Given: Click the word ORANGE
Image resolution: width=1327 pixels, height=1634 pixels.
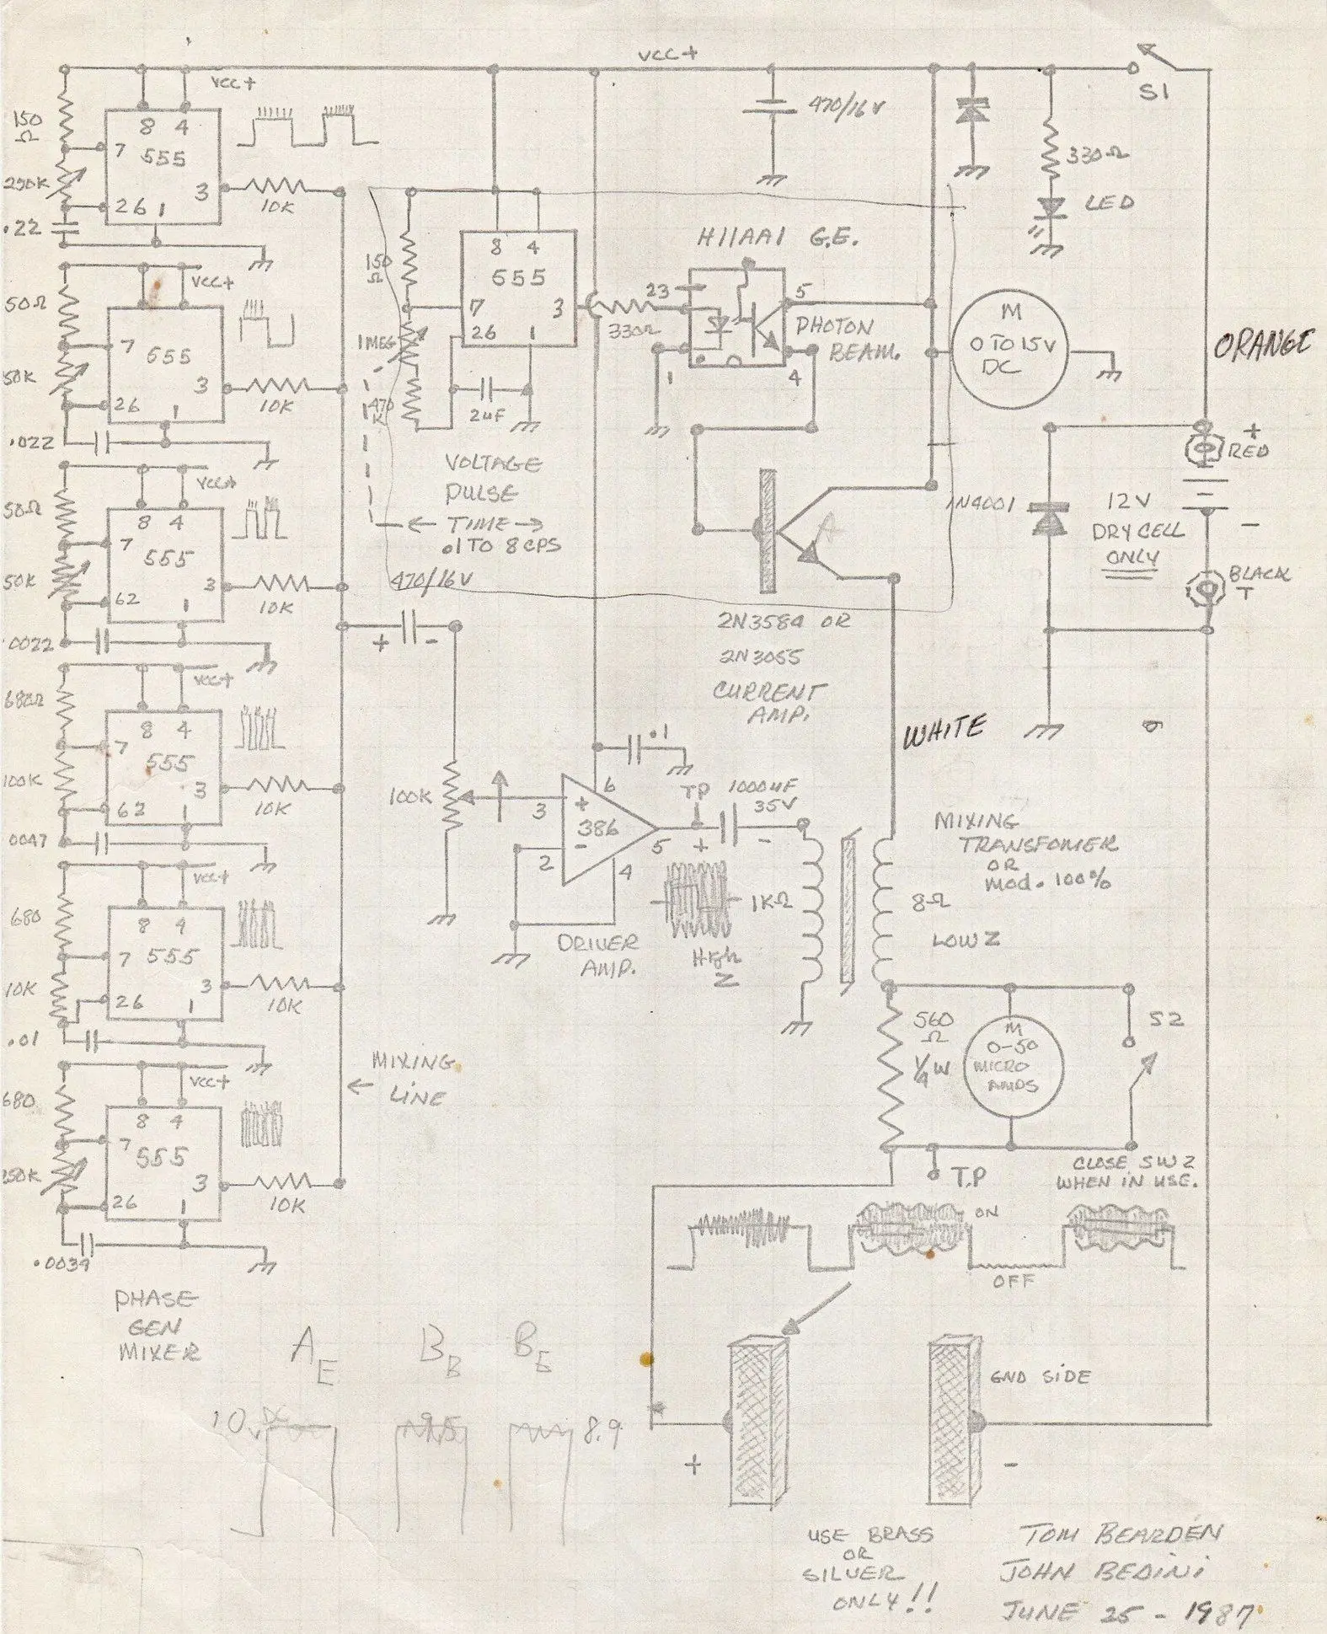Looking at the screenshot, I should [x=1263, y=346].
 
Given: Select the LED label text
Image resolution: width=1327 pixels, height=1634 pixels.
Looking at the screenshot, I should [x=1110, y=203].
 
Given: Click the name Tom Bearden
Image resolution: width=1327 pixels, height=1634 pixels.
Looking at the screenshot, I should [x=1121, y=1534].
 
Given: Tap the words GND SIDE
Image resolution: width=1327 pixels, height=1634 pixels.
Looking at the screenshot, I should [x=1040, y=1377].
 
